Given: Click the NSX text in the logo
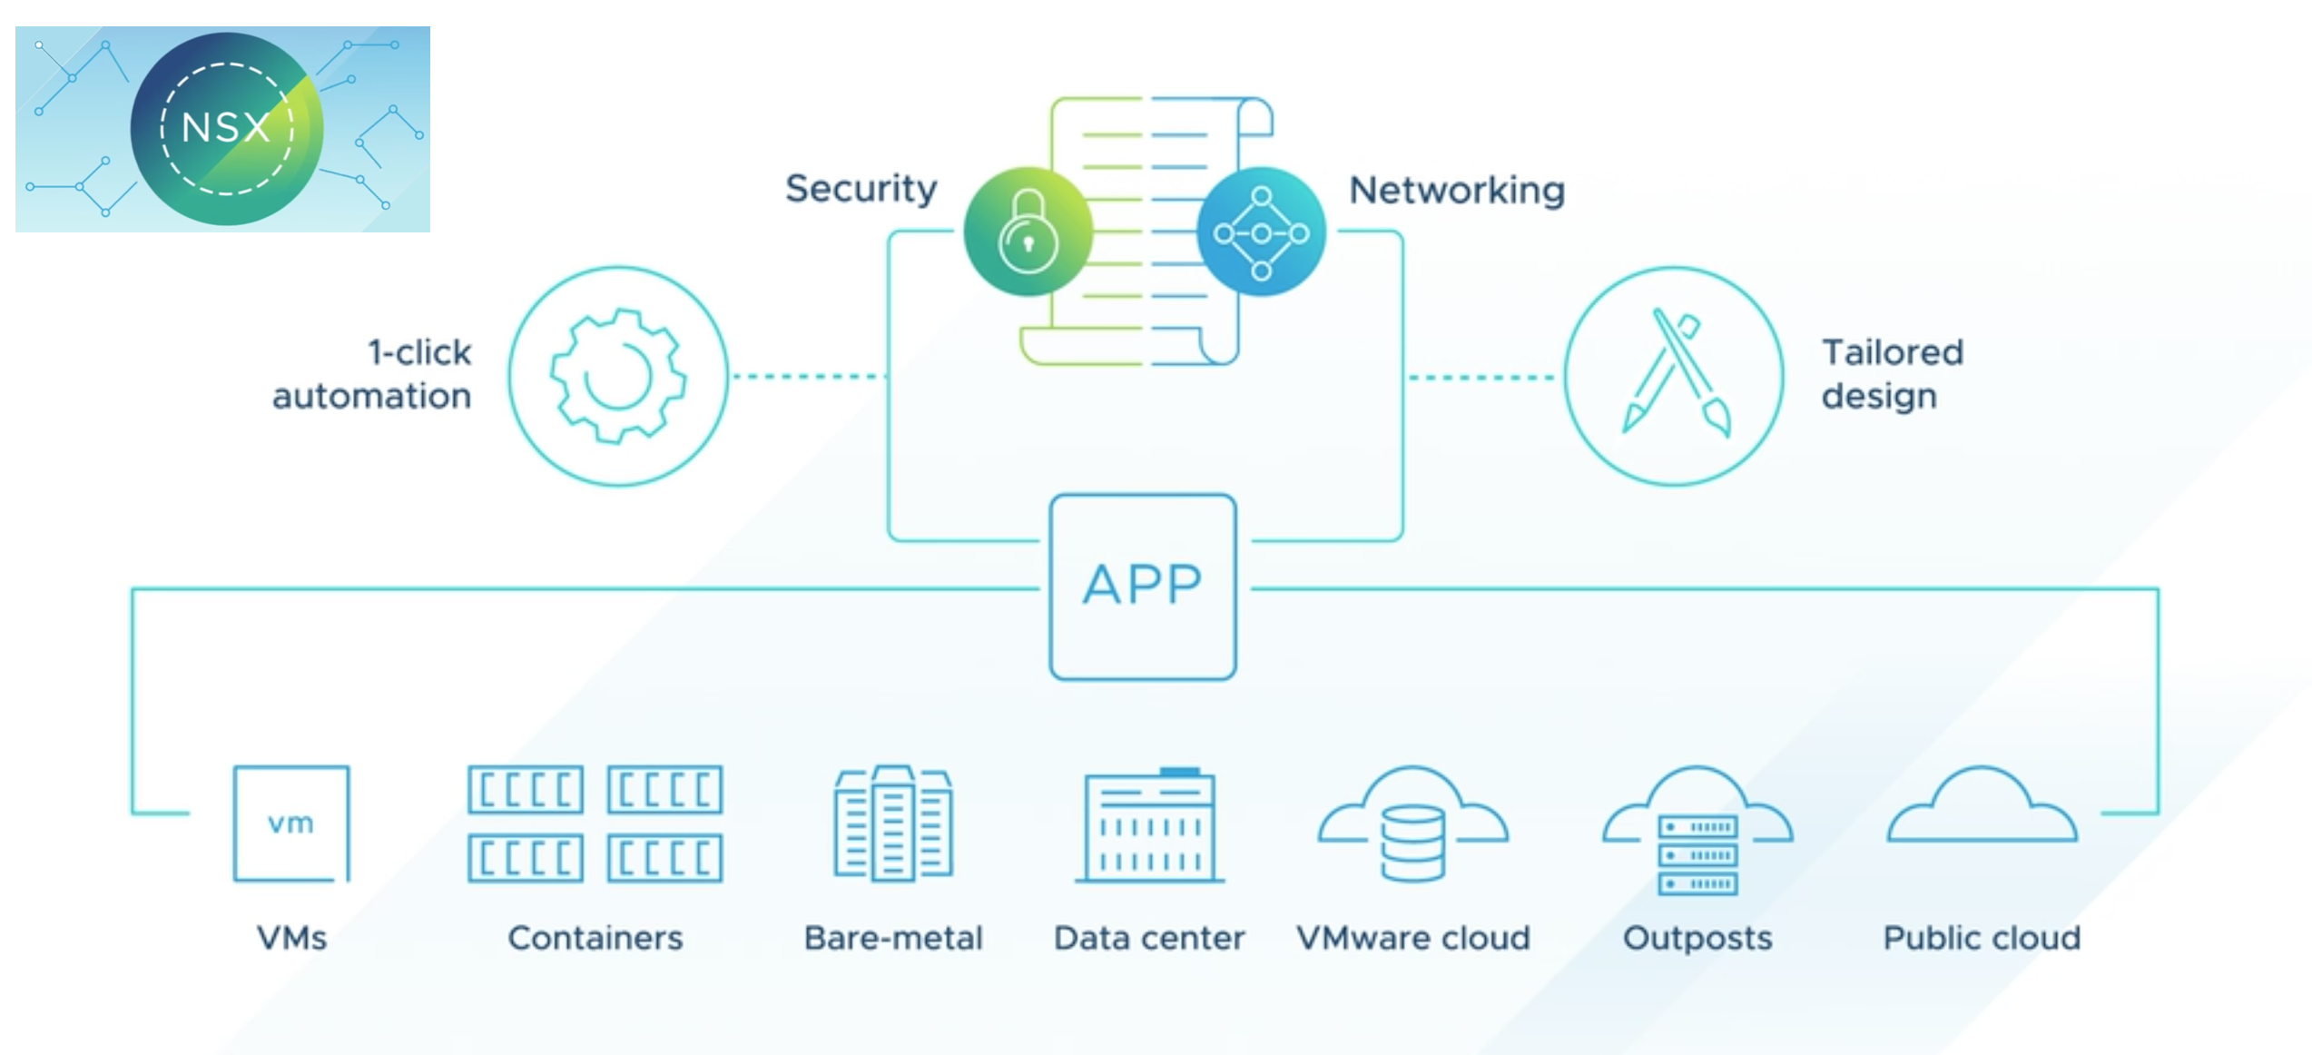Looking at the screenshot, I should click(x=226, y=127).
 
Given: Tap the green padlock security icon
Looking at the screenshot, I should click(x=1028, y=232).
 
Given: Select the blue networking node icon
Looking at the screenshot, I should click(x=1261, y=232).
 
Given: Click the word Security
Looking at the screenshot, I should click(x=861, y=189).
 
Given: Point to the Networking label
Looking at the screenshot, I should click(x=1456, y=191).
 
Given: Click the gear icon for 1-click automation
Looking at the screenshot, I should click(x=618, y=376).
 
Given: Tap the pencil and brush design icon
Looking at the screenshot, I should click(x=1675, y=376).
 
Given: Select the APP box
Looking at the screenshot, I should click(x=1142, y=587).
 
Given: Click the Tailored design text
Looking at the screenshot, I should click(x=1892, y=374).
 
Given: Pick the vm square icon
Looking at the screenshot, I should click(x=291, y=823).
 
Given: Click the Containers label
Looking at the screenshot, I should click(x=595, y=938).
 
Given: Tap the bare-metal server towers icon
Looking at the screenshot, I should click(x=893, y=823).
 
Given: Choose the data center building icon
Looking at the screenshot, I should click(x=1149, y=826).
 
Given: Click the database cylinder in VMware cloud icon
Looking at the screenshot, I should click(x=1412, y=844).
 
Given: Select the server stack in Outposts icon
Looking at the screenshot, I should click(x=1697, y=855).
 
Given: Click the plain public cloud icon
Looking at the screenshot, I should click(x=1982, y=808).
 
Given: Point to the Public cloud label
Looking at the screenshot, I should click(x=1982, y=938).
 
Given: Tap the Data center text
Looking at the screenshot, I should click(x=1149, y=938).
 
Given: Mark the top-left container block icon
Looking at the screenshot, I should click(x=526, y=790).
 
